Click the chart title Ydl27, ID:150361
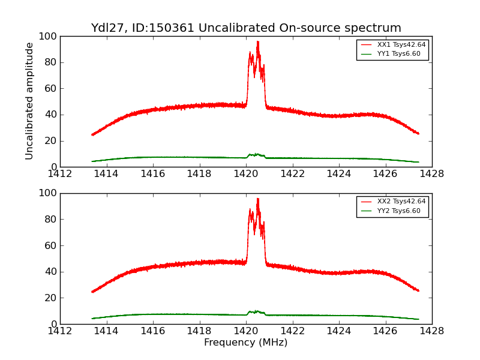246,28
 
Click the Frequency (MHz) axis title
246,343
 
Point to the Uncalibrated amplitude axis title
29,101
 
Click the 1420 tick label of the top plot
246,174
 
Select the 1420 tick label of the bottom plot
246,331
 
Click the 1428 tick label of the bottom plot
432,331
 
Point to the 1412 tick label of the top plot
60,174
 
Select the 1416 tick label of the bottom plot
153,331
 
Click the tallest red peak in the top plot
258,42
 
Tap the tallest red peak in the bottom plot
258,199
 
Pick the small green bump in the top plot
257,154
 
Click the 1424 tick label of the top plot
339,174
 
